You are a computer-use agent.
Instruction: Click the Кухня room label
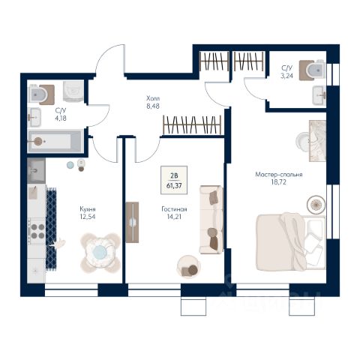[x=88, y=208]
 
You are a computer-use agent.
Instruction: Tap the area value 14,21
[x=174, y=217]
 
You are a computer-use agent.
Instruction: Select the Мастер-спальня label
[x=279, y=175]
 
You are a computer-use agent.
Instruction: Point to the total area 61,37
[x=174, y=186]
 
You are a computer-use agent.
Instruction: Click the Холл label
[x=153, y=98]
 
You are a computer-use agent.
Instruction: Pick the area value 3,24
[x=286, y=76]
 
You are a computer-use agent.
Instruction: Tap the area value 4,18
[x=61, y=118]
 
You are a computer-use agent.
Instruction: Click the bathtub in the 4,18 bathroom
[x=55, y=141]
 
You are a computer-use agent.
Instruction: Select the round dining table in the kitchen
[x=100, y=253]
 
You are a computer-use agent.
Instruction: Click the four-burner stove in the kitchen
[x=37, y=231]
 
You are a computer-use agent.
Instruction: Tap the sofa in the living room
[x=211, y=220]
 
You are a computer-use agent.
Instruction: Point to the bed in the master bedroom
[x=290, y=242]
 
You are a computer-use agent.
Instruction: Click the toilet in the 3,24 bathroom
[x=313, y=70]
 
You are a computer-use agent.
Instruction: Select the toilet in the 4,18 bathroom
[x=41, y=94]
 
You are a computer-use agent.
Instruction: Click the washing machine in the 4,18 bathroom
[x=73, y=91]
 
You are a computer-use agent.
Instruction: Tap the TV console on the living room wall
[x=132, y=222]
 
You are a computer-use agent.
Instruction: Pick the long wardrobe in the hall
[x=192, y=124]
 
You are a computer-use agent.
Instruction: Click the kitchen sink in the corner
[x=36, y=171]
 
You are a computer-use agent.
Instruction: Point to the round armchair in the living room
[x=188, y=267]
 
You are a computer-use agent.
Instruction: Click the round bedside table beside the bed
[x=316, y=205]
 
